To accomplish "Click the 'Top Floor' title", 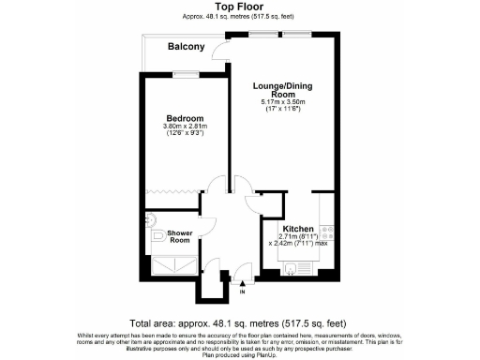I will click(239, 7).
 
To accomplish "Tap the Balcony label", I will click(186, 47).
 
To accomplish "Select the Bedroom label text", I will click(181, 118).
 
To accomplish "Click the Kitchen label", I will click(297, 228).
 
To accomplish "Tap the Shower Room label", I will click(180, 235).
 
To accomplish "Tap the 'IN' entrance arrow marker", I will click(243, 292).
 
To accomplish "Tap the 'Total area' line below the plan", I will click(239, 321).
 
